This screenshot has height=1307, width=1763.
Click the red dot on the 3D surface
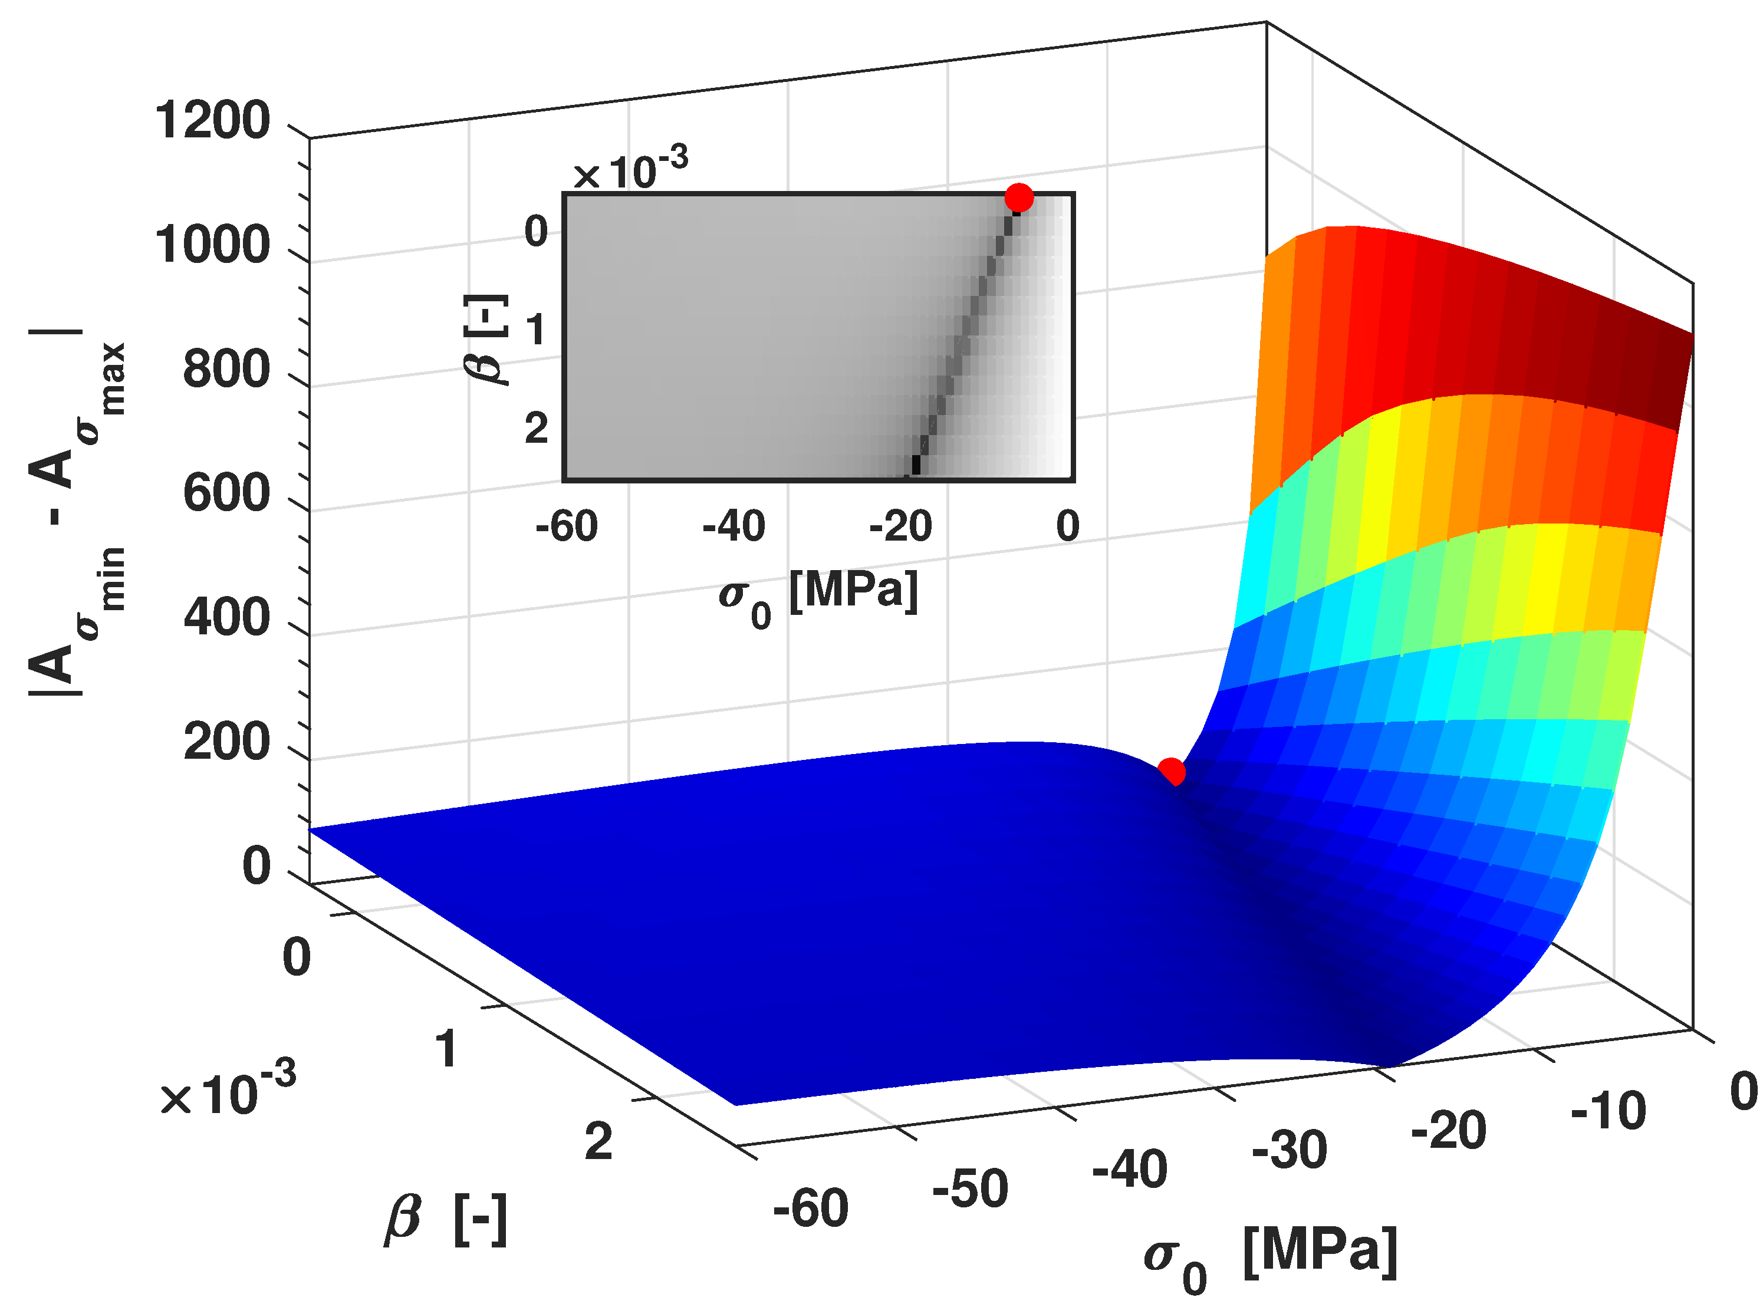coord(1171,771)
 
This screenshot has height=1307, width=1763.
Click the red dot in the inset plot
coord(1018,198)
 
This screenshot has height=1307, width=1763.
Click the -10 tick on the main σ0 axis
coord(1608,1111)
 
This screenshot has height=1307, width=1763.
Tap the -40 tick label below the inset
coord(734,526)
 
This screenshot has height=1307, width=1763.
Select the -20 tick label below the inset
coord(900,526)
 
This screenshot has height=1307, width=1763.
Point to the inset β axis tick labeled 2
coord(536,429)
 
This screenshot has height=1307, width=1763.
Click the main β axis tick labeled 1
coord(447,1049)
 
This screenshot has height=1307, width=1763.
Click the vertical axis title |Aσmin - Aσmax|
coord(75,514)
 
